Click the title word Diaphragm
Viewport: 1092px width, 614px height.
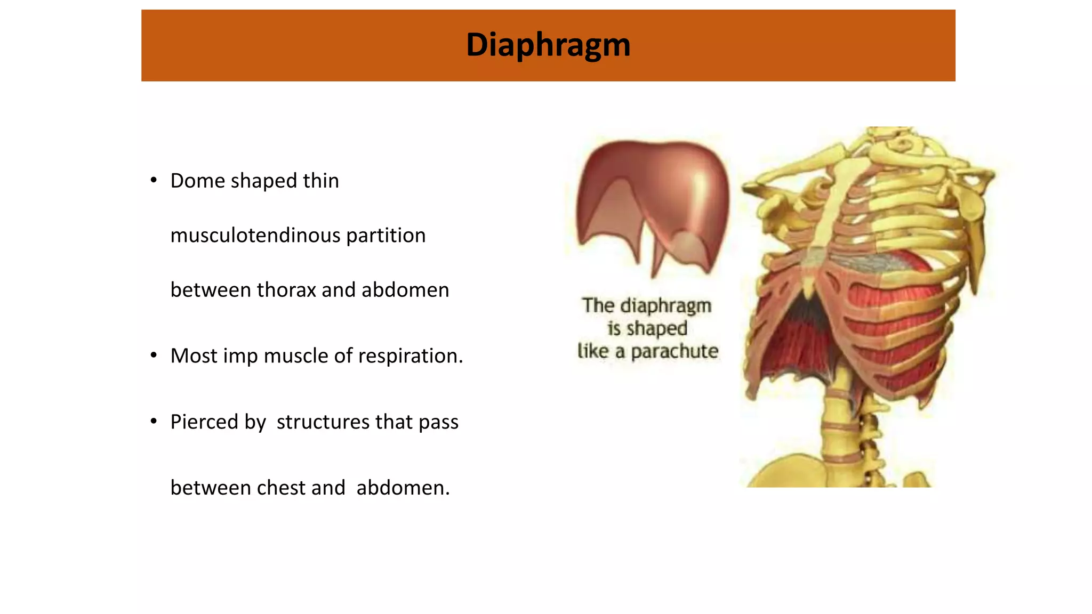tap(548, 45)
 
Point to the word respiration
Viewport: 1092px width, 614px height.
tap(411, 356)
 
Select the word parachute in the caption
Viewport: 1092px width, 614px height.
tap(675, 352)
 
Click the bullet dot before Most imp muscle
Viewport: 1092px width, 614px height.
tap(154, 355)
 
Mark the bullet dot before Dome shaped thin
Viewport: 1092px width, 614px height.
tap(154, 180)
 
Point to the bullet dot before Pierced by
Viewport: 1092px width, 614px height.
tap(154, 421)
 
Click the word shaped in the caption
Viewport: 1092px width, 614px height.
tap(656, 329)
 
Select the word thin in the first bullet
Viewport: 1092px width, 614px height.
tap(321, 181)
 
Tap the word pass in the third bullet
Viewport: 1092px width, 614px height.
tap(438, 422)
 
